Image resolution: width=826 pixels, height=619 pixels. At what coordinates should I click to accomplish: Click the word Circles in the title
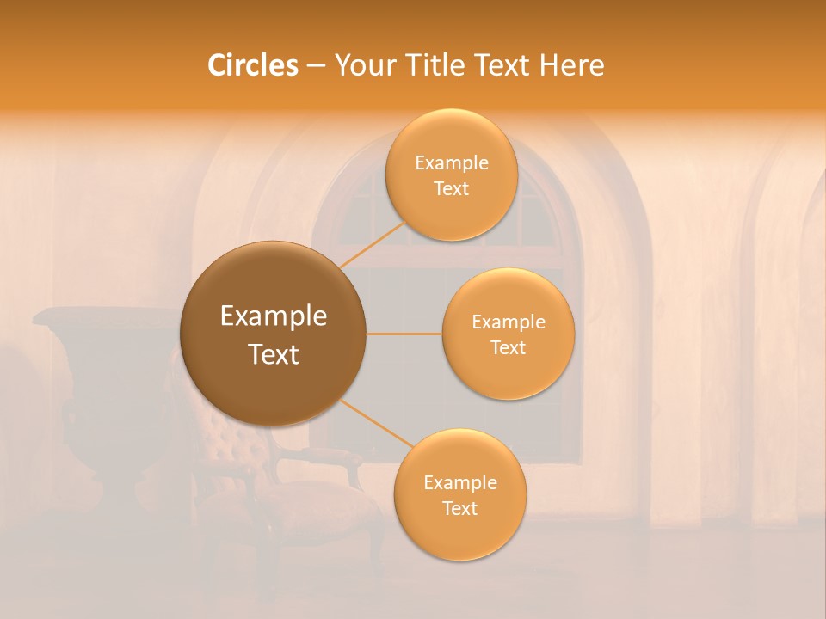click(252, 65)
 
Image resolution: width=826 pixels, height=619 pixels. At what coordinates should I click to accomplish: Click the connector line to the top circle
click(373, 242)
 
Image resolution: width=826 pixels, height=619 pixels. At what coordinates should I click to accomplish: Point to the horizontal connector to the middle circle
click(404, 334)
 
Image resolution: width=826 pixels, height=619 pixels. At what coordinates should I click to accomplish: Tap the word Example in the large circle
click(273, 316)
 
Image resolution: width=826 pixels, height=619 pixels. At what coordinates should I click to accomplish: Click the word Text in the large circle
click(273, 354)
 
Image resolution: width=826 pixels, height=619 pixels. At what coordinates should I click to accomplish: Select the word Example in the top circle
click(451, 163)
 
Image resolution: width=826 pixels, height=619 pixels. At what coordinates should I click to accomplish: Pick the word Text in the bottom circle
click(459, 508)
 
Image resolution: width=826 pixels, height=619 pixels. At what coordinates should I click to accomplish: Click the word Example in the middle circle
click(508, 322)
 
